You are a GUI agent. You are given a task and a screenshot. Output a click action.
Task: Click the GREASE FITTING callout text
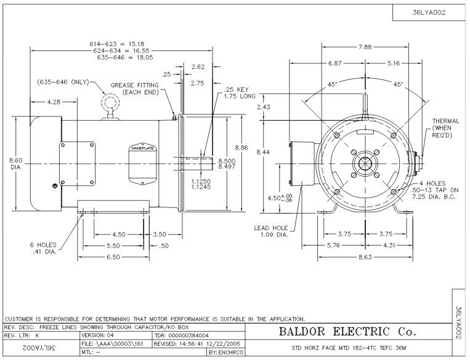135,89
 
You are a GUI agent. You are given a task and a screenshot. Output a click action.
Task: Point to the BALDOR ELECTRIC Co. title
349,332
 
